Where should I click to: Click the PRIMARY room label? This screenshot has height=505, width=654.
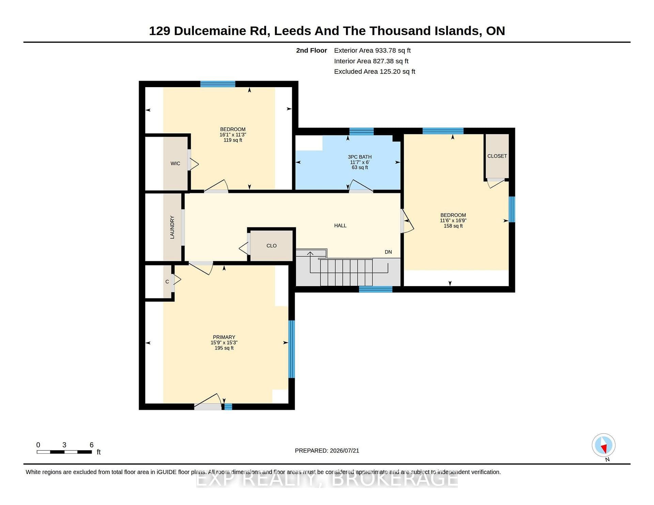pyautogui.click(x=224, y=337)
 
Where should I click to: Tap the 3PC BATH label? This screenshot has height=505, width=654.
pyautogui.click(x=360, y=157)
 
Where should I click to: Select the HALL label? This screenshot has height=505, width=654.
pyautogui.click(x=340, y=225)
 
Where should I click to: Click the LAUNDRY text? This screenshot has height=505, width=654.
pyautogui.click(x=172, y=227)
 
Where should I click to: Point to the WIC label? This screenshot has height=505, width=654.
pyautogui.click(x=175, y=163)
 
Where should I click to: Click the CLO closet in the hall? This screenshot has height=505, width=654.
pyautogui.click(x=271, y=246)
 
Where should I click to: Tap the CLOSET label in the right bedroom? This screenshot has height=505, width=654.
pyautogui.click(x=497, y=156)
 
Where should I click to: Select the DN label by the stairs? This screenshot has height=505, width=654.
pyautogui.click(x=388, y=252)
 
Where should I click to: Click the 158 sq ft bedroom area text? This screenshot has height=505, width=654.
pyautogui.click(x=453, y=226)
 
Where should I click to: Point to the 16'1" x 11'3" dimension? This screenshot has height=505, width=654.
pyautogui.click(x=233, y=134)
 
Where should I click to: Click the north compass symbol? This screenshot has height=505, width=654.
pyautogui.click(x=604, y=445)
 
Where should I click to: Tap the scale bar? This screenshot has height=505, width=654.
pyautogui.click(x=64, y=452)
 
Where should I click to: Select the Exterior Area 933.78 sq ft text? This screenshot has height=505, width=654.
pyautogui.click(x=372, y=50)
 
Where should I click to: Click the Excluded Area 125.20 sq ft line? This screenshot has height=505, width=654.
pyautogui.click(x=375, y=71)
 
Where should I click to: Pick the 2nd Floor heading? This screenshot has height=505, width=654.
pyautogui.click(x=311, y=50)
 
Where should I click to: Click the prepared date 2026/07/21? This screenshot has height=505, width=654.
pyautogui.click(x=344, y=451)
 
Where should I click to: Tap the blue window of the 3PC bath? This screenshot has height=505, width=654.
pyautogui.click(x=361, y=131)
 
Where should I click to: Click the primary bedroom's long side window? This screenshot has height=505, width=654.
pyautogui.click(x=292, y=349)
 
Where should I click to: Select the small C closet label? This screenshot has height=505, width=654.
pyautogui.click(x=167, y=282)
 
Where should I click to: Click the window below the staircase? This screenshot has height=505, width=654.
pyautogui.click(x=376, y=289)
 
